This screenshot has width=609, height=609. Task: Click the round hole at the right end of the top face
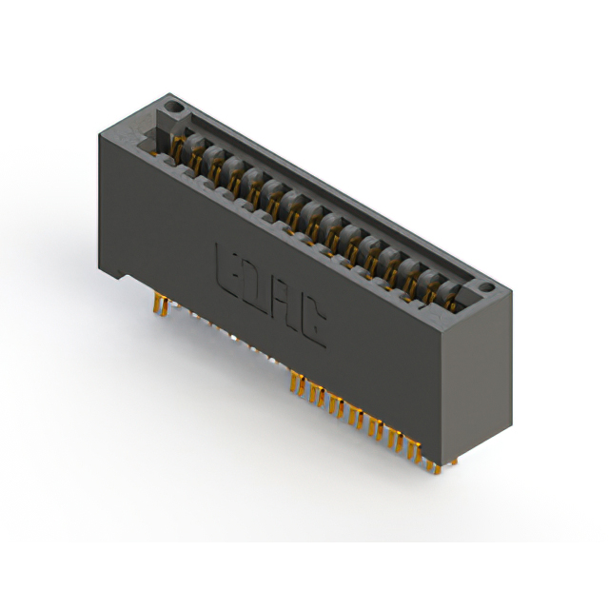(484, 285)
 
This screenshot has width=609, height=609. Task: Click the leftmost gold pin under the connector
(158, 305)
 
